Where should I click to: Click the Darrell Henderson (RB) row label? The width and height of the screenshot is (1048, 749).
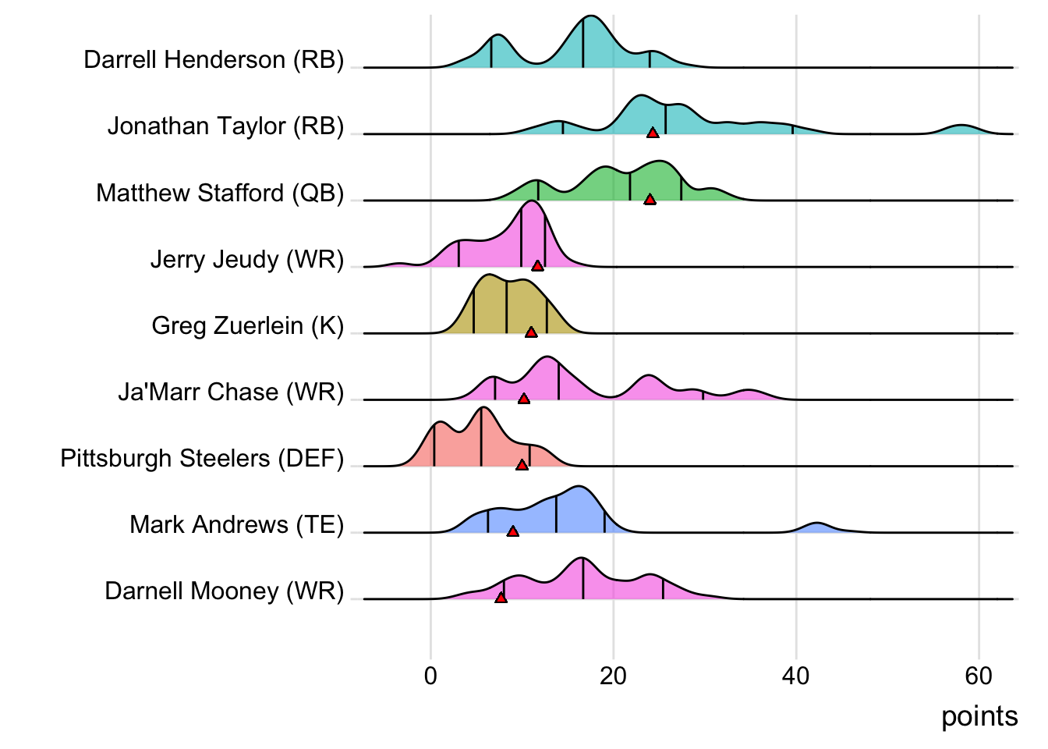214,60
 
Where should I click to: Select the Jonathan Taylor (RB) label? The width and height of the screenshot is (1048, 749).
225,126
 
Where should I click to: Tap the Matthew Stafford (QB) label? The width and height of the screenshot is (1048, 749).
220,193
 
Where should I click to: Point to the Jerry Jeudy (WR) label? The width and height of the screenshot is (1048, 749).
246,259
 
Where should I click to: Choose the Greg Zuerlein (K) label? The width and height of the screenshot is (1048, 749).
247,325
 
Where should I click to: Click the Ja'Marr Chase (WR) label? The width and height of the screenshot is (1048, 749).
231,392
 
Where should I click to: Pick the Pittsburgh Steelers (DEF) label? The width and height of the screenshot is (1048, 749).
202,458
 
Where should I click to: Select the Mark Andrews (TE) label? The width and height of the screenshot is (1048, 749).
236,524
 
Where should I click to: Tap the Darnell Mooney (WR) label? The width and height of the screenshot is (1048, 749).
224,591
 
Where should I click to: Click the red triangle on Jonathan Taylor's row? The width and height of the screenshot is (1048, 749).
653,133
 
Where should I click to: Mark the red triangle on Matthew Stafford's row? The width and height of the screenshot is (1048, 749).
650,200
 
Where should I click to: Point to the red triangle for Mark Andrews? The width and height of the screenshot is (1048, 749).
512,531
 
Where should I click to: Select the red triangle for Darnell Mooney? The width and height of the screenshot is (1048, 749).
501,598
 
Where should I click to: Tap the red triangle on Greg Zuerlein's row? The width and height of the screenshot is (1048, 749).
531,332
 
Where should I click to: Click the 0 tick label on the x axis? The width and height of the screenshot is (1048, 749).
430,676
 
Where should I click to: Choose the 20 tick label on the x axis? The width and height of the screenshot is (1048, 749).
613,676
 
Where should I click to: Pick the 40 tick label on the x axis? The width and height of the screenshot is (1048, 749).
795,676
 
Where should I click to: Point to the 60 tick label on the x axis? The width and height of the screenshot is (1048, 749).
978,676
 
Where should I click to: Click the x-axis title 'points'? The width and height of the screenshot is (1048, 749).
979,716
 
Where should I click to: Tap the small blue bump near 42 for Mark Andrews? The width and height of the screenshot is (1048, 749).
816,528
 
